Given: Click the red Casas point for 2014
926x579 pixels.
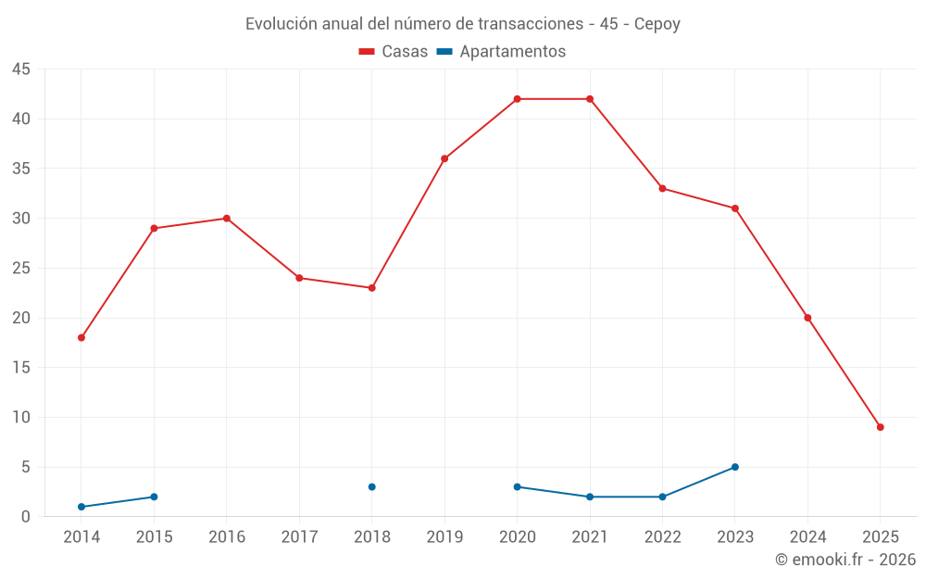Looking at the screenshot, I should pyautogui.click(x=81, y=337).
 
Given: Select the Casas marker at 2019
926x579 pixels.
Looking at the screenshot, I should pyautogui.click(x=444, y=158).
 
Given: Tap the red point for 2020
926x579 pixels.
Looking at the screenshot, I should pyautogui.click(x=517, y=99).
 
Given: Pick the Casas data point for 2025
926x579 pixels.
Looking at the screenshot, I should pyautogui.click(x=880, y=427).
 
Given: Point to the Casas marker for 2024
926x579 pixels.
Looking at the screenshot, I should pyautogui.click(x=807, y=318).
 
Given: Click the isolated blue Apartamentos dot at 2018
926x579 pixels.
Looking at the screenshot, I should pyautogui.click(x=371, y=486).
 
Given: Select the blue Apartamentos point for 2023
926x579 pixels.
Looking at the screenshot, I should pyautogui.click(x=735, y=467).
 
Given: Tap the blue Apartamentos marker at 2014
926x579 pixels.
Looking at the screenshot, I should pyautogui.click(x=81, y=507).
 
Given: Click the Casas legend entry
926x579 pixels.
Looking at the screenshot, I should pyautogui.click(x=394, y=52).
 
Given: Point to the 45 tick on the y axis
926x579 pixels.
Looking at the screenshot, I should pyautogui.click(x=21, y=69).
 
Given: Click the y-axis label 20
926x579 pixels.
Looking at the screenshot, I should pyautogui.click(x=21, y=318).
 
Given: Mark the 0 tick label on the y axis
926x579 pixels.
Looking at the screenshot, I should pyautogui.click(x=26, y=517).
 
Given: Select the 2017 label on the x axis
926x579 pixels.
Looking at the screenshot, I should pyautogui.click(x=299, y=537).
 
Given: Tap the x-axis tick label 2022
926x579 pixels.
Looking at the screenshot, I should pyautogui.click(x=662, y=537).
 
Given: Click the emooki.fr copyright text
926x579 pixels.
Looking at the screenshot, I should pyautogui.click(x=845, y=560).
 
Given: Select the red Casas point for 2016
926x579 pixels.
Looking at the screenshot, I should pyautogui.click(x=226, y=219).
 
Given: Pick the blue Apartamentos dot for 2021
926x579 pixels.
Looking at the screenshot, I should pyautogui.click(x=590, y=497).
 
